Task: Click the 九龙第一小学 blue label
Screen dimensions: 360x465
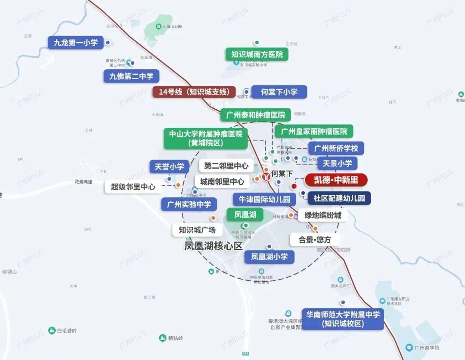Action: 76,43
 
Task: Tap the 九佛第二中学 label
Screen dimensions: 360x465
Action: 131,77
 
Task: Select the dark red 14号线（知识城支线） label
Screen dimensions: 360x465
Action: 194,92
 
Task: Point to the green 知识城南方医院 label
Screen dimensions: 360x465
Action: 257,54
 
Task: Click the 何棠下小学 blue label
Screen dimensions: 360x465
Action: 279,92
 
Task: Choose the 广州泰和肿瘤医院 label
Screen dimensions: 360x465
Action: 256,115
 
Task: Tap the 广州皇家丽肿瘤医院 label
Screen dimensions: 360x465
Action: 314,131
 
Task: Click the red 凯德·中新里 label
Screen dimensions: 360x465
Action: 336,180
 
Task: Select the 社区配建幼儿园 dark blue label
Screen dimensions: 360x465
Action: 339,198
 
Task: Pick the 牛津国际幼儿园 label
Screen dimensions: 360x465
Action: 264,199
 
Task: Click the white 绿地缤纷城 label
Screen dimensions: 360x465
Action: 323,215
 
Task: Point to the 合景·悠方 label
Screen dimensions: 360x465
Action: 315,240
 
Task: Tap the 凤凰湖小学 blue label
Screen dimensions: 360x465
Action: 270,257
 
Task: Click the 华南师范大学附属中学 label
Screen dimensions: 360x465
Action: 343,319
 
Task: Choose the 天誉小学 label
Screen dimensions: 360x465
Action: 169,167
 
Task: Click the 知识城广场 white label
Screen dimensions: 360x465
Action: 197,230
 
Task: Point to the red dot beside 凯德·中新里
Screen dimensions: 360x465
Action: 294,186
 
